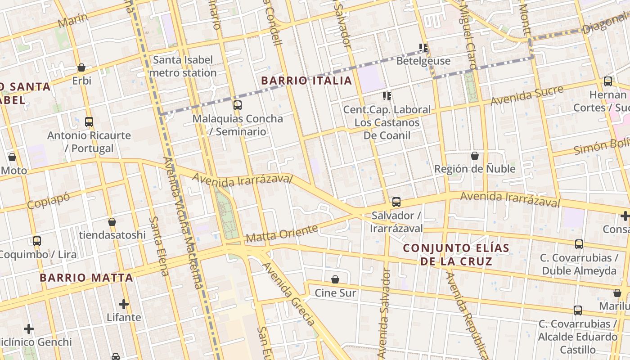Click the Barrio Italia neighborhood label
coord(306,81)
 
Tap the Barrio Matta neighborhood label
coord(86,278)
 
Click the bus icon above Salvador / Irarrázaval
coord(396,202)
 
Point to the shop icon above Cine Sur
coord(335,279)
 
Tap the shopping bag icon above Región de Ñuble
coord(475,156)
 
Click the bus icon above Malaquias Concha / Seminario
coord(238,105)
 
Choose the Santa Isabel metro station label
coord(183,66)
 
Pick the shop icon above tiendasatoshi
coord(112,222)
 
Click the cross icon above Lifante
coord(124,304)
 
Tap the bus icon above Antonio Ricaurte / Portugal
coord(89,122)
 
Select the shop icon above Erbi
coord(81,67)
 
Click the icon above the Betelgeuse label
coord(423,47)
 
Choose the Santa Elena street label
coord(159,246)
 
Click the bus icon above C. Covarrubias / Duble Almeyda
coord(579,244)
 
